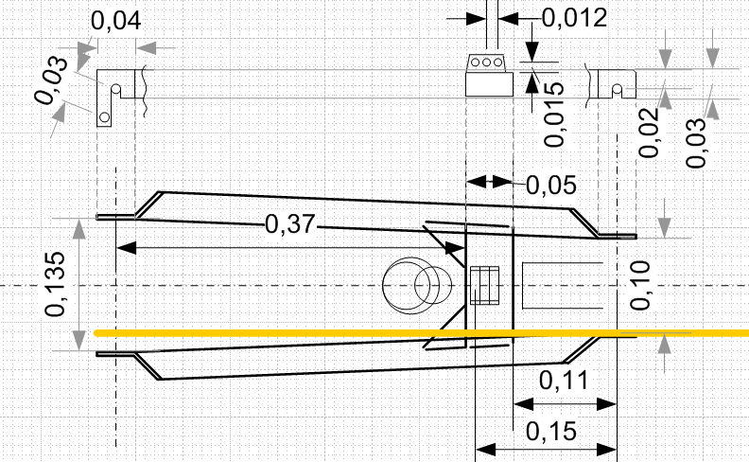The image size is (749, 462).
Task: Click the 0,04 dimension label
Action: (116, 21)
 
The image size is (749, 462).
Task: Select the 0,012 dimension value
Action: (575, 18)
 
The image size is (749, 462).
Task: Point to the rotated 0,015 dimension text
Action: (554, 114)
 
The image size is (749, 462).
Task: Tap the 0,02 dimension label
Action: (649, 133)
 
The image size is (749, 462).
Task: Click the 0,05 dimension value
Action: (551, 186)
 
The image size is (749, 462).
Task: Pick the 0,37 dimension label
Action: (290, 223)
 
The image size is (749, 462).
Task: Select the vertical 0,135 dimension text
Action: (55, 284)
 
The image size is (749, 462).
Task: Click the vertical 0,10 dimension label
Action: (640, 285)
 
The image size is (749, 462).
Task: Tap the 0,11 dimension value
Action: (564, 381)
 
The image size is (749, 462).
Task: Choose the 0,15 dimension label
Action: (551, 432)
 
